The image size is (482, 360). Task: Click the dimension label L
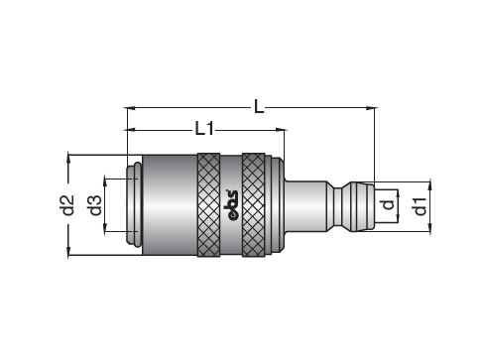pos(259,106)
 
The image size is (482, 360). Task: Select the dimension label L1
pos(204,129)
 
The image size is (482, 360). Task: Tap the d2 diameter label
pos(68,205)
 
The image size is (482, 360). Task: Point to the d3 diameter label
pos(95,205)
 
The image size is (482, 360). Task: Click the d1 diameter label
pos(421,206)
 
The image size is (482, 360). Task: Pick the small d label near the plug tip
pos(388,204)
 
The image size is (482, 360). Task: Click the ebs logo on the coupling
pos(231,205)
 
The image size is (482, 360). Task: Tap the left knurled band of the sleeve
pos(208,205)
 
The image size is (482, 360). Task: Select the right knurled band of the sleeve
pos(253,205)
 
